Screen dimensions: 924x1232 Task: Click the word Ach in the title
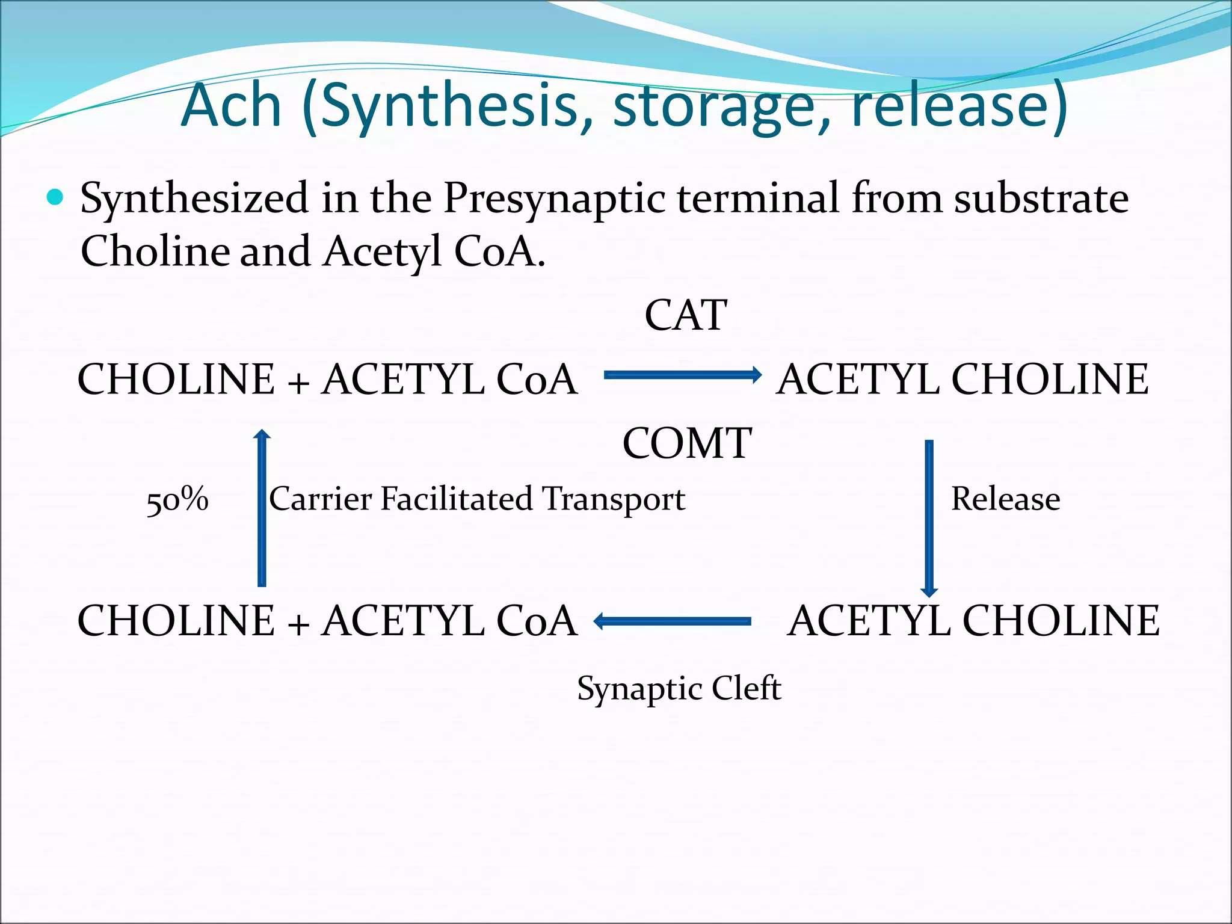point(232,106)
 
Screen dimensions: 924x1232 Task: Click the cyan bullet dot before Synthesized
point(55,197)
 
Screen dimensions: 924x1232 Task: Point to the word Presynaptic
point(554,199)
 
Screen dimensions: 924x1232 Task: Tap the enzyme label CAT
point(686,315)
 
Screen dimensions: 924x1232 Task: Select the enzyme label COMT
point(687,443)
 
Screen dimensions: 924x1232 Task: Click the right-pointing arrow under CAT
point(682,375)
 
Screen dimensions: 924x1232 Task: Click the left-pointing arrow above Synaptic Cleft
point(673,621)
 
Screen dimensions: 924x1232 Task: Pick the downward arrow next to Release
point(929,517)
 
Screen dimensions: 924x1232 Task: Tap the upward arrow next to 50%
point(262,508)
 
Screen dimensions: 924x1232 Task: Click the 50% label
point(177,499)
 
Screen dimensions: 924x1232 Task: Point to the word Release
point(1005,499)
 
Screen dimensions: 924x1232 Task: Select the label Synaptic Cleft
point(679,688)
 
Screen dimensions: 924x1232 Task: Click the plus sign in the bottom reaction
point(298,623)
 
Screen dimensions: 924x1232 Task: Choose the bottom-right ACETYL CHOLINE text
point(973,621)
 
